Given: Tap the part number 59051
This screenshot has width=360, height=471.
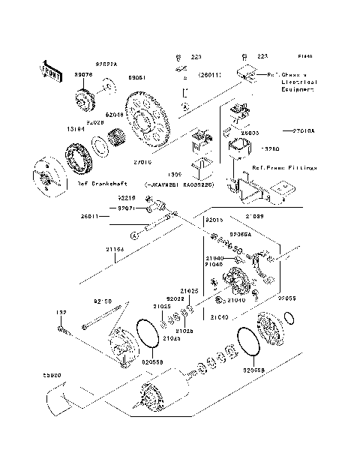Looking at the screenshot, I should click(136, 77).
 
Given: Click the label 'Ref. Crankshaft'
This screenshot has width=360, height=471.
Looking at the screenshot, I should click(102, 183).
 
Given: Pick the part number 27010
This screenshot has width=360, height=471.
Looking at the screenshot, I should click(142, 162).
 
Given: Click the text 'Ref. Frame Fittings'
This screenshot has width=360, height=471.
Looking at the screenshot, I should click(284, 168).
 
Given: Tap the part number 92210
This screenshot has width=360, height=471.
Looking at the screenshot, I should click(127, 199).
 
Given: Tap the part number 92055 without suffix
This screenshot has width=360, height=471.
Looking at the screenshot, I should click(287, 298).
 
